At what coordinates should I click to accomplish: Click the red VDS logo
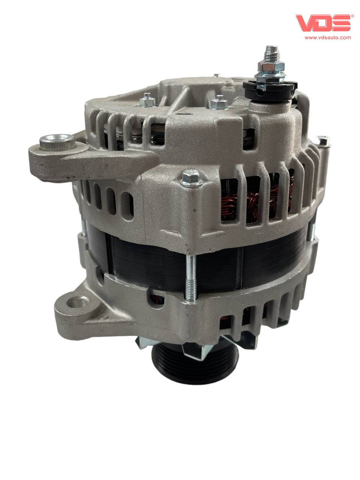tap(323, 23)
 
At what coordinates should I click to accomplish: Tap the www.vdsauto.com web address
tap(328, 37)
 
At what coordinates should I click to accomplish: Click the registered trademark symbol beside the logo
tap(352, 16)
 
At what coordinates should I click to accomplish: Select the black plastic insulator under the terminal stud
tap(270, 91)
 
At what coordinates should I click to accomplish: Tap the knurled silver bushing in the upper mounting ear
tap(57, 142)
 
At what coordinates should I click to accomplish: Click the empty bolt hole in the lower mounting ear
tap(77, 302)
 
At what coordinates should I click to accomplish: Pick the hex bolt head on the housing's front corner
tap(192, 178)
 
